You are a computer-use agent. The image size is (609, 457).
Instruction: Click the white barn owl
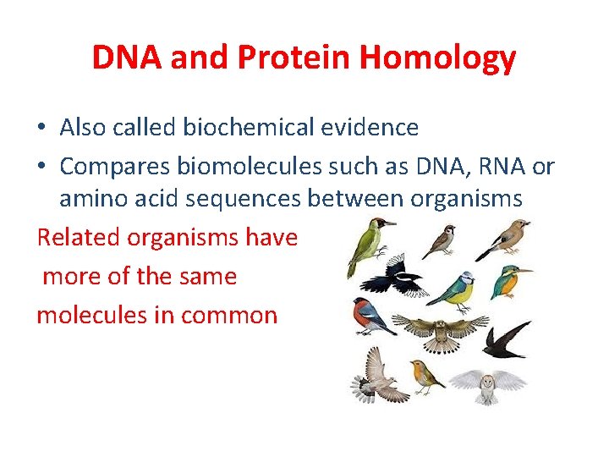tap(486, 386)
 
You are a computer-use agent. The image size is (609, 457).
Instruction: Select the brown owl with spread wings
tap(440, 330)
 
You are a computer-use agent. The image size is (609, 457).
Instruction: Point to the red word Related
tap(78, 237)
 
